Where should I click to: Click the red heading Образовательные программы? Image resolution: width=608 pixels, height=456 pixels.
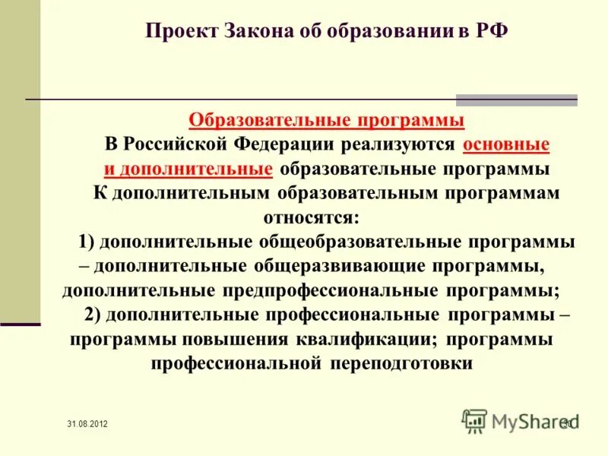click(326, 120)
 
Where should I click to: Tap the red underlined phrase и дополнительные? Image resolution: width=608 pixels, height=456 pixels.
click(188, 169)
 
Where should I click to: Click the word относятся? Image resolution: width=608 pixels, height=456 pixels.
click(311, 217)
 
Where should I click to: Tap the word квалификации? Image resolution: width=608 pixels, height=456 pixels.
click(366, 339)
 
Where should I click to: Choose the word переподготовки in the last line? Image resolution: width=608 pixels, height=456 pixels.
click(401, 363)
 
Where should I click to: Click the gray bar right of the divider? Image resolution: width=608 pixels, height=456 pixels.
click(516, 100)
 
